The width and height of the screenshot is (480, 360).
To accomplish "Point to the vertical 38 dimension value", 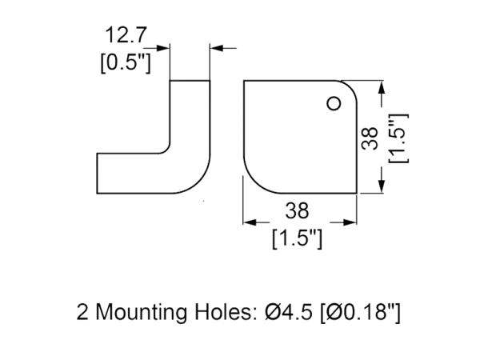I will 369,139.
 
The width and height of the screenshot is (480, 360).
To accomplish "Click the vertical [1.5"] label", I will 396,138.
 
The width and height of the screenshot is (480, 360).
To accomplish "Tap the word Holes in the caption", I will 225,313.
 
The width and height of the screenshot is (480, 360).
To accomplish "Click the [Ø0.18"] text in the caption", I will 361,313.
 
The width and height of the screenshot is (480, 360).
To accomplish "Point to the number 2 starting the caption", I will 83,313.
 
